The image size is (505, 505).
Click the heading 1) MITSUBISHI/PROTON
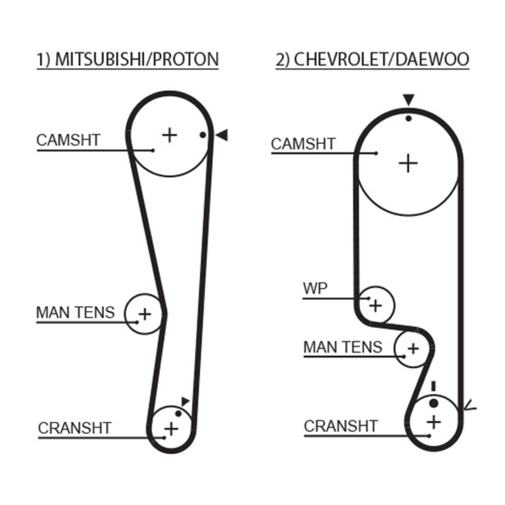pyautogui.click(x=127, y=59)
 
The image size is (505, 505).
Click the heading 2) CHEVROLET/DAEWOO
pyautogui.click(x=372, y=59)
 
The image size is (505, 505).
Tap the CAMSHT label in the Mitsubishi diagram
pyautogui.click(x=68, y=140)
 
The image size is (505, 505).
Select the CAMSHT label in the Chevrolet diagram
pyautogui.click(x=303, y=144)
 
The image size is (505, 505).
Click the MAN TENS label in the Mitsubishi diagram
pyautogui.click(x=75, y=312)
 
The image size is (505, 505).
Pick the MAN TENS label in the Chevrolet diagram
pyautogui.click(x=343, y=347)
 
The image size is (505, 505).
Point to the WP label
pyautogui.click(x=315, y=288)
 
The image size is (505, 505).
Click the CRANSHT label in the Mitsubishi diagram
pyautogui.click(x=74, y=428)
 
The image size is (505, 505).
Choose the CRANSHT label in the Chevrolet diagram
pyautogui.click(x=341, y=426)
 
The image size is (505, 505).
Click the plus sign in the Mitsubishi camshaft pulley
pyautogui.click(x=169, y=134)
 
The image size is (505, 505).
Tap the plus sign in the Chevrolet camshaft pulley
pyautogui.click(x=408, y=163)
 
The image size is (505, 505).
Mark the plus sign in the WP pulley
pyautogui.click(x=376, y=306)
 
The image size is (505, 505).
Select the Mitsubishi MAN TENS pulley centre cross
pyautogui.click(x=145, y=313)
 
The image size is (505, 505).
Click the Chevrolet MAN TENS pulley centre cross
pyautogui.click(x=413, y=348)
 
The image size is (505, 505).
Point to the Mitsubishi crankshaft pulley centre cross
pyautogui.click(x=171, y=429)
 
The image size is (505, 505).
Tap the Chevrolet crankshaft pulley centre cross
pyautogui.click(x=434, y=421)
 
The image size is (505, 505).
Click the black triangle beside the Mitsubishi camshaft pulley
pyautogui.click(x=222, y=134)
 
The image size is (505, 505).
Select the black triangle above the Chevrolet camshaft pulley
pyautogui.click(x=408, y=100)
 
